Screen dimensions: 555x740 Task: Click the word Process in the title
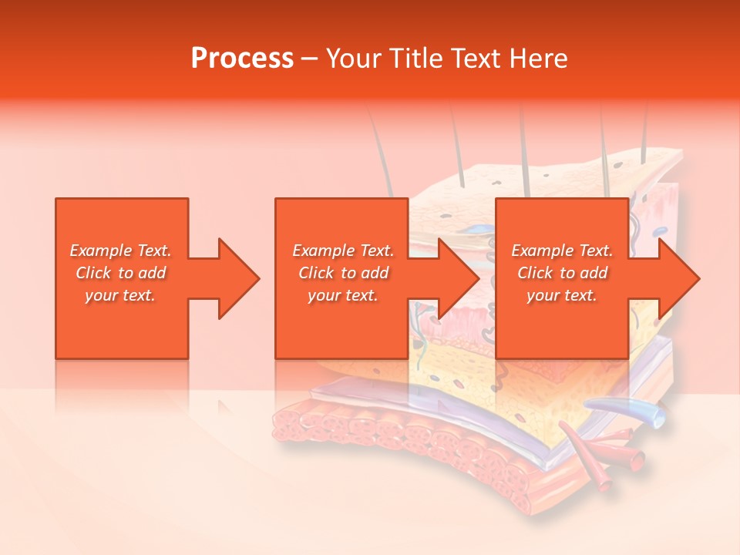[242, 59]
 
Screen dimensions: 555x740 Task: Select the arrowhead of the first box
[235, 278]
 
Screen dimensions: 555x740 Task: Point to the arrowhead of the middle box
[456, 278]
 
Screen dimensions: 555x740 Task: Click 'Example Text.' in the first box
[121, 251]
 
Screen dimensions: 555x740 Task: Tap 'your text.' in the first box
[121, 295]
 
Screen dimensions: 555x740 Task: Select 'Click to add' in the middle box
[343, 273]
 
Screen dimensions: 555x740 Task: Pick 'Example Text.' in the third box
[562, 251]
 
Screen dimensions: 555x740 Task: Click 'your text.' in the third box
[562, 295]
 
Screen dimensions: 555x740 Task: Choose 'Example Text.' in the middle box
[343, 251]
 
